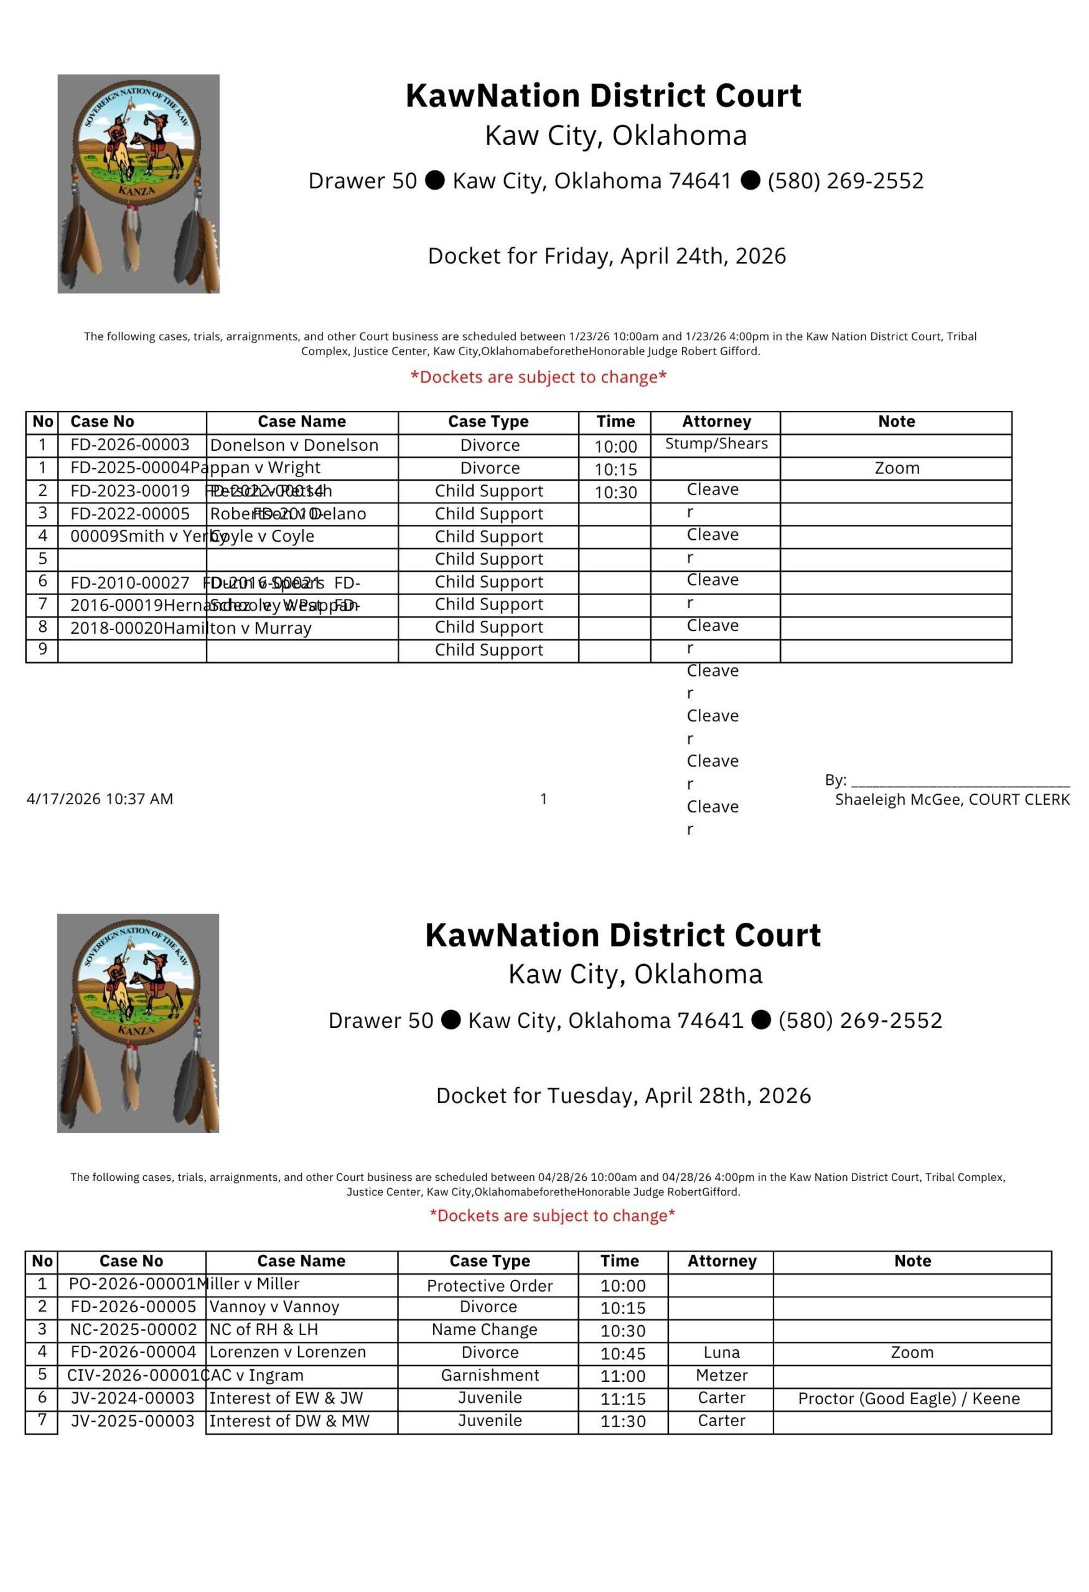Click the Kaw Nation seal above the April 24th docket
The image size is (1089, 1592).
pyautogui.click(x=138, y=183)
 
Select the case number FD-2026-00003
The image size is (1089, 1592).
pyautogui.click(x=129, y=445)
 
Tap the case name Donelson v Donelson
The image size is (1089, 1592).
pyautogui.click(x=294, y=445)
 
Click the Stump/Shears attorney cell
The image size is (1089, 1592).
pyautogui.click(x=716, y=443)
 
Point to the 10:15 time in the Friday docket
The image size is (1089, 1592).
pyautogui.click(x=615, y=470)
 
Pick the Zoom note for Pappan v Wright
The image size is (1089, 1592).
pyautogui.click(x=897, y=468)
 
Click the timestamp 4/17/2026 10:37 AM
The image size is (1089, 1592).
pyautogui.click(x=100, y=798)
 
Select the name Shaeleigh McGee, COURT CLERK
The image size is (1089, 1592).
pyautogui.click(x=952, y=800)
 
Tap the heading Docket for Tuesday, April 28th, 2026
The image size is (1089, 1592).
pyautogui.click(x=623, y=1095)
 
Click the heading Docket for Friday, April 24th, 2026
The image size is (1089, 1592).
pyautogui.click(x=607, y=256)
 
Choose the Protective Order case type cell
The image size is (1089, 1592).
pyautogui.click(x=489, y=1286)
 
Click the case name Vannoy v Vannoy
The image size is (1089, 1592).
pyautogui.click(x=274, y=1307)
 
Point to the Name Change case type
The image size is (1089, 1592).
pyautogui.click(x=485, y=1330)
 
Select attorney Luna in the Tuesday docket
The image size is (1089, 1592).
pyautogui.click(x=722, y=1352)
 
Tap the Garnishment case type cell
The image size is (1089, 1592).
pyautogui.click(x=489, y=1375)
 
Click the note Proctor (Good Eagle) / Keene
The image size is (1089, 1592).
pyautogui.click(x=909, y=1398)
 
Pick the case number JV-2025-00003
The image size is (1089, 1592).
pyautogui.click(x=133, y=1421)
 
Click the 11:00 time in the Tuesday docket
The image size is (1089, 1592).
pyautogui.click(x=623, y=1376)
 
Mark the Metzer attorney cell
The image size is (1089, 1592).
pyautogui.click(x=722, y=1375)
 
